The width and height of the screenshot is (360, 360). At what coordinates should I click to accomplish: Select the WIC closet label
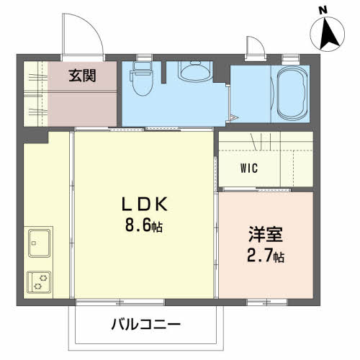click(249, 169)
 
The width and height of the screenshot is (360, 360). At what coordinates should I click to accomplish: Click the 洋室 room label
click(266, 235)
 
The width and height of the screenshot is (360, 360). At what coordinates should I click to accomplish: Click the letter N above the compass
click(323, 10)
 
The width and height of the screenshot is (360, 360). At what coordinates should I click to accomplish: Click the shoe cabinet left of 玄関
click(35, 91)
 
